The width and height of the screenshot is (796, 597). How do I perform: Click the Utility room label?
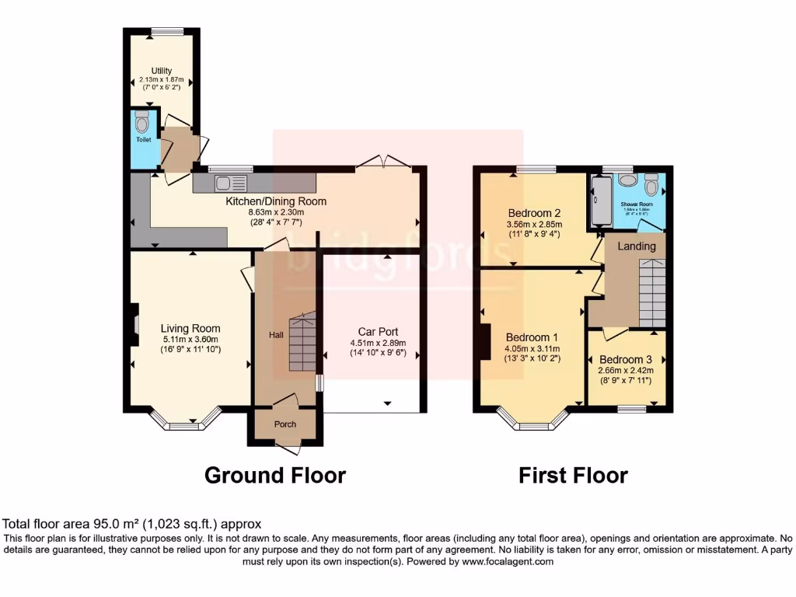[161, 71]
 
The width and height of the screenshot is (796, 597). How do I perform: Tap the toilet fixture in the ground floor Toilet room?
[141, 122]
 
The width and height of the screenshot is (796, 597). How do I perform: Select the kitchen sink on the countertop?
[231, 183]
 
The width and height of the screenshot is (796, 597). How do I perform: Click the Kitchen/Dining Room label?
[276, 201]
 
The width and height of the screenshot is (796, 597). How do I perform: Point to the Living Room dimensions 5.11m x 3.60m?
[190, 339]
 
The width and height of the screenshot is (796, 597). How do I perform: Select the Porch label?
[284, 424]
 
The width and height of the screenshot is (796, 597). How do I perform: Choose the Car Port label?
[378, 331]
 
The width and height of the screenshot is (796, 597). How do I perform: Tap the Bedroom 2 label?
[534, 213]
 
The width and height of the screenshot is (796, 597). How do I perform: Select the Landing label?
[637, 246]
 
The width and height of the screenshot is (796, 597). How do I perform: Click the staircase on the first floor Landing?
[652, 293]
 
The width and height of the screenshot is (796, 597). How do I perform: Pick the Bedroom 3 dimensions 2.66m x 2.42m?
[626, 371]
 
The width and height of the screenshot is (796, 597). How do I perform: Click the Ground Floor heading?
[274, 474]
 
